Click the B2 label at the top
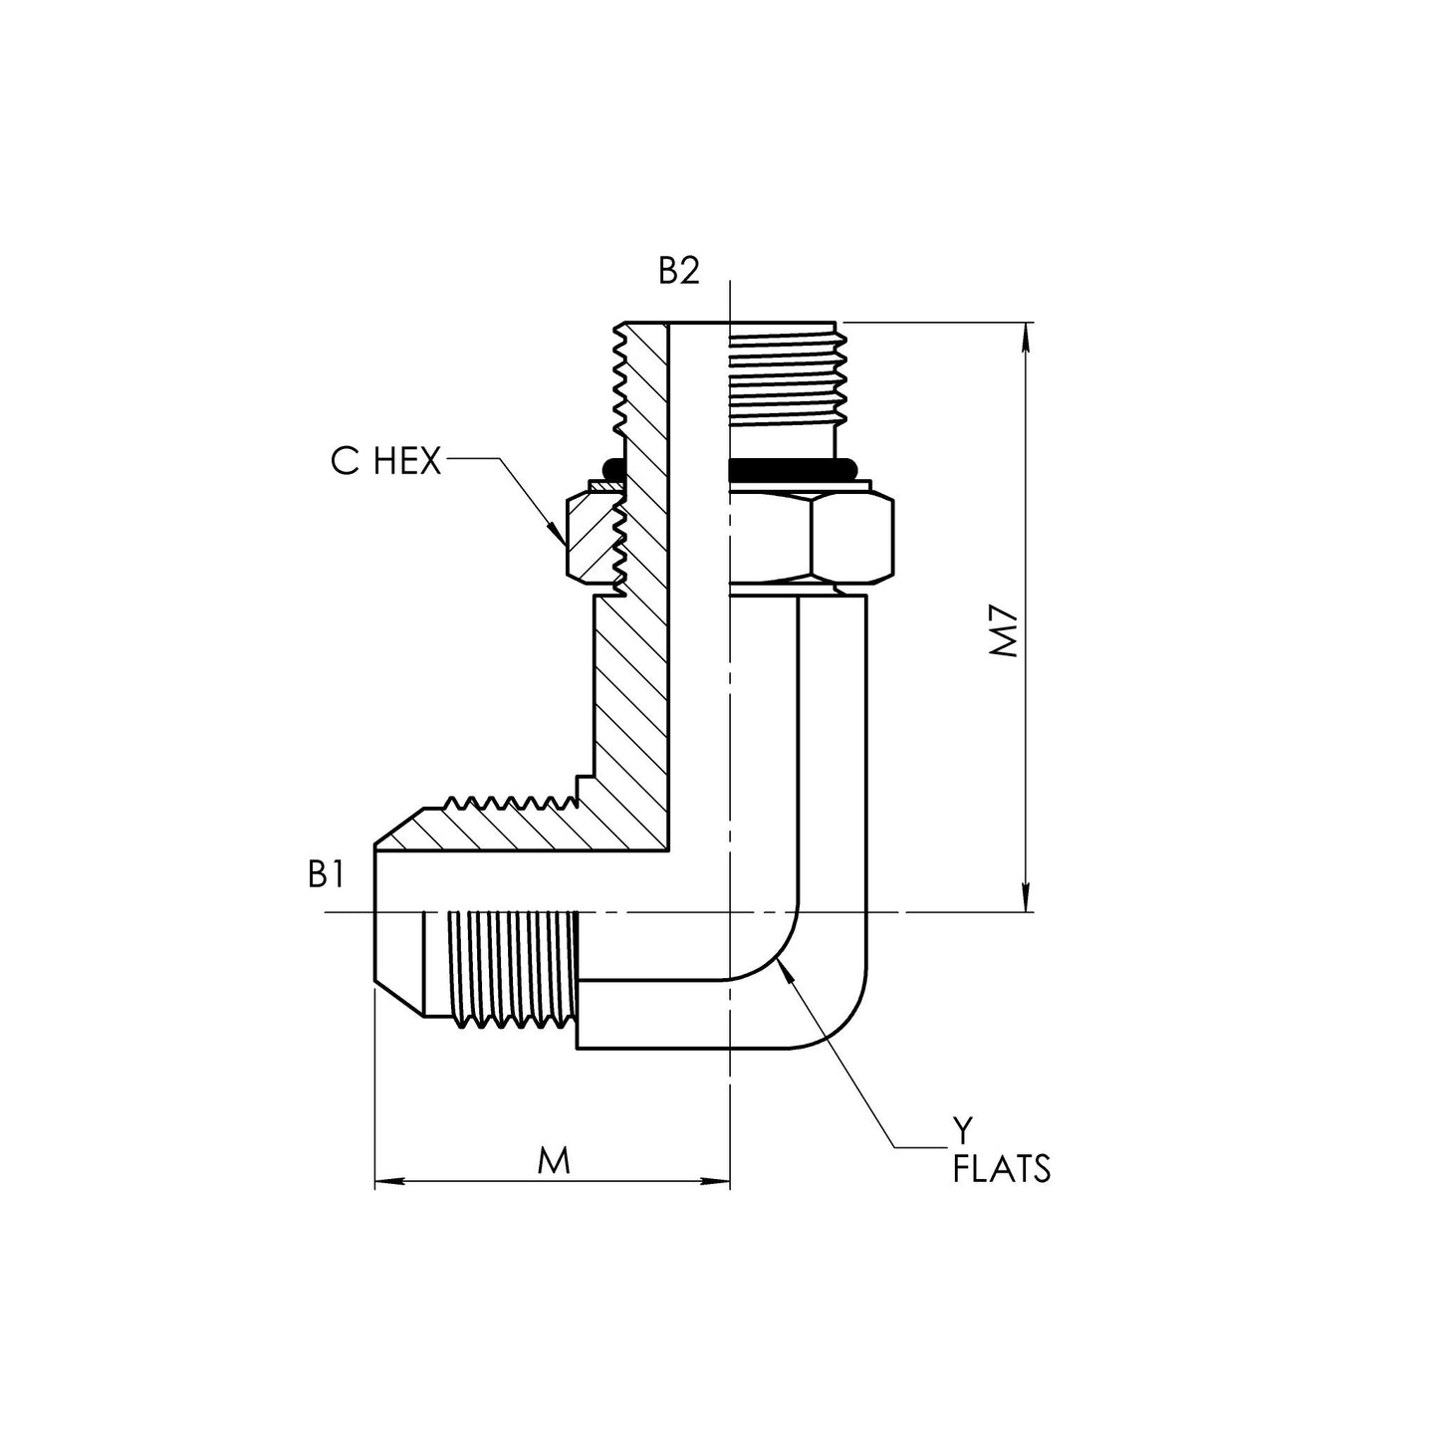pyautogui.click(x=679, y=271)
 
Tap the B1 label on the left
pyautogui.click(x=326, y=875)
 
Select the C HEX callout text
pyautogui.click(x=385, y=462)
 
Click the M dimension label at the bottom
pyautogui.click(x=554, y=1160)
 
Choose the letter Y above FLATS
pyautogui.click(x=962, y=1129)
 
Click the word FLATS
pyautogui.click(x=1001, y=1169)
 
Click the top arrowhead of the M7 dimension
pyautogui.click(x=1026, y=331)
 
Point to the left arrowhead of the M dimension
pyautogui.click(x=384, y=1183)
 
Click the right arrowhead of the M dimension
pyautogui.click(x=721, y=1183)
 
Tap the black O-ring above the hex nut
pyautogui.click(x=793, y=467)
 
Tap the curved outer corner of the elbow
pyautogui.click(x=841, y=1016)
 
